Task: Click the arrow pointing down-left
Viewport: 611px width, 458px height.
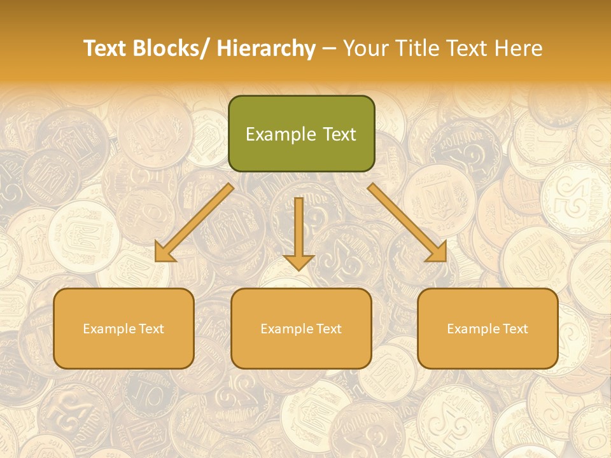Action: coord(194,223)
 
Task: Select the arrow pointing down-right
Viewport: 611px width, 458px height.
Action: coord(407,223)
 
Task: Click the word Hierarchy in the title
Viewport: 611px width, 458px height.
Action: coord(266,48)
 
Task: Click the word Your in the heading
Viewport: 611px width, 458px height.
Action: coord(365,48)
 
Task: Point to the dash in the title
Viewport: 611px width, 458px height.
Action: coord(329,48)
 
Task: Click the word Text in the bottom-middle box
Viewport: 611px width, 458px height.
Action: coord(327,329)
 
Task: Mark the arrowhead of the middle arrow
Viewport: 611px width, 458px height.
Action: coord(298,261)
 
